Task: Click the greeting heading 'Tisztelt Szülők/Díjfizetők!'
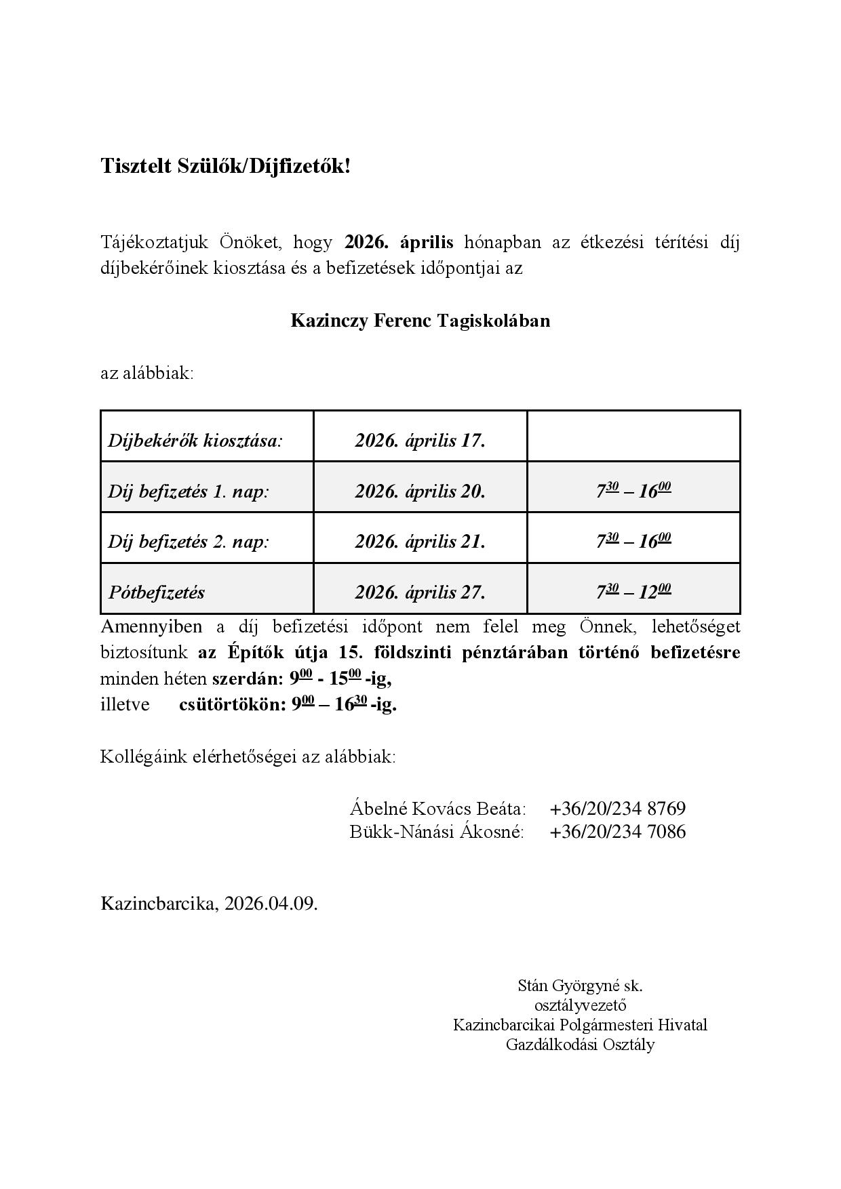click(226, 166)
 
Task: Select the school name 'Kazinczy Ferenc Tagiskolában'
click(420, 321)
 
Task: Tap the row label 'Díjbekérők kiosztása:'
click(195, 441)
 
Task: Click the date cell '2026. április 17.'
click(420, 441)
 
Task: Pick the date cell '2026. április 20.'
click(420, 491)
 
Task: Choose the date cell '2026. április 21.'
click(420, 542)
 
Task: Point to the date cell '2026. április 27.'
click(420, 592)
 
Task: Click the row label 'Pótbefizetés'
click(157, 592)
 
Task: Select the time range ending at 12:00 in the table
click(633, 591)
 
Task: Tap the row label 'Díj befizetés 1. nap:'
click(189, 491)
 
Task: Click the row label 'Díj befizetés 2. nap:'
click(189, 542)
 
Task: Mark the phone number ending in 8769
click(617, 809)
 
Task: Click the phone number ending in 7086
click(617, 832)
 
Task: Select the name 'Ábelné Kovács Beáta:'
click(437, 809)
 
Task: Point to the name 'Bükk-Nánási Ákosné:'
click(437, 832)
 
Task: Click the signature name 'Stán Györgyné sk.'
click(580, 986)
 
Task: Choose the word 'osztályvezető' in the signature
click(580, 1005)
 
